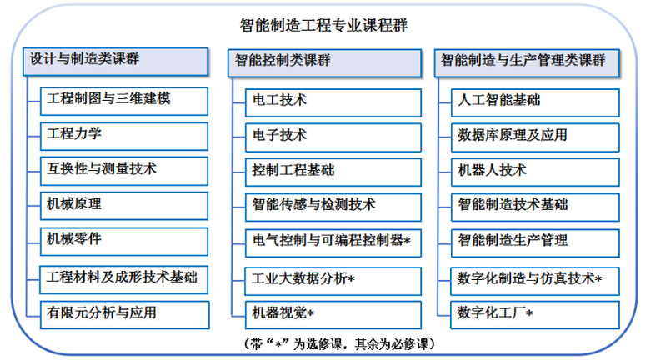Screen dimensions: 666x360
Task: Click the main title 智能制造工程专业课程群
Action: click(x=323, y=26)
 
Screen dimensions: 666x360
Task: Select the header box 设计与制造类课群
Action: click(x=116, y=62)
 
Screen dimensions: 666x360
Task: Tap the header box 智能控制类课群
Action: click(x=325, y=63)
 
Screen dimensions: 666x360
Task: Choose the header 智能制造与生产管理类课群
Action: click(x=527, y=63)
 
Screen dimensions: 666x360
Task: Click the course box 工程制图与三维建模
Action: click(x=124, y=101)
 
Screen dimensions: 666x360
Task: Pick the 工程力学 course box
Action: click(x=124, y=137)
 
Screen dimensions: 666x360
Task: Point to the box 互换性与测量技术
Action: click(x=124, y=171)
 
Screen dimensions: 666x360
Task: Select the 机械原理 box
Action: click(x=124, y=206)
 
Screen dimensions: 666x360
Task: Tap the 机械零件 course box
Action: click(x=124, y=242)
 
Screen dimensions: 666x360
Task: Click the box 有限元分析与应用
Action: click(x=125, y=314)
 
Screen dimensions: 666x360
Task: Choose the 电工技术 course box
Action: click(x=333, y=102)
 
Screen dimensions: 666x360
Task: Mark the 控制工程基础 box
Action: click(x=333, y=172)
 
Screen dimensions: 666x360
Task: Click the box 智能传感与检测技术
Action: click(x=333, y=207)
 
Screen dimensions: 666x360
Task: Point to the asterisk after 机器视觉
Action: click(x=310, y=314)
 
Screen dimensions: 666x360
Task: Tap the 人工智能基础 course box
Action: click(x=536, y=102)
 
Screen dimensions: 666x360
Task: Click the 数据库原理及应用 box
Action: click(x=536, y=137)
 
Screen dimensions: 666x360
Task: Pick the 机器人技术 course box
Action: click(x=536, y=172)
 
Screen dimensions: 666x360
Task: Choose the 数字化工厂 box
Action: click(x=535, y=314)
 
